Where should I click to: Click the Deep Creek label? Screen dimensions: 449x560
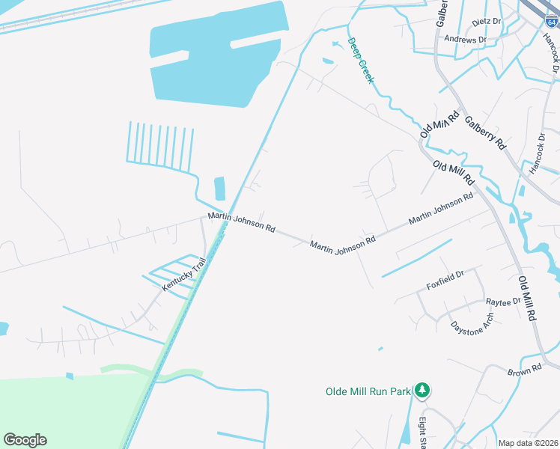coord(359,61)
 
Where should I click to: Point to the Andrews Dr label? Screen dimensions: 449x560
coord(466,39)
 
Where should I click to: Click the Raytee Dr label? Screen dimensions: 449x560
coord(503,302)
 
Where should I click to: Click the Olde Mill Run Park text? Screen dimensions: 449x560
coord(368,391)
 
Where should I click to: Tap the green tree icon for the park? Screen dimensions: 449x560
coord(423,391)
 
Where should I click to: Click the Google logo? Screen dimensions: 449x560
coord(25,440)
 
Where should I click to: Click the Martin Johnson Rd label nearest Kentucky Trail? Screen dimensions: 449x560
coord(242,222)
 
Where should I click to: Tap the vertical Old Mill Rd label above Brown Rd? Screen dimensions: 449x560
coord(527,298)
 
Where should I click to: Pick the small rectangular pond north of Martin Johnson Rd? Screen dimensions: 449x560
coord(219,188)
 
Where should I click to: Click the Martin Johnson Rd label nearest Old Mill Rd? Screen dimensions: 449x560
coord(441,210)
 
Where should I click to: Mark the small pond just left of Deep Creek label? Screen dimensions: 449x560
coord(328,61)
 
